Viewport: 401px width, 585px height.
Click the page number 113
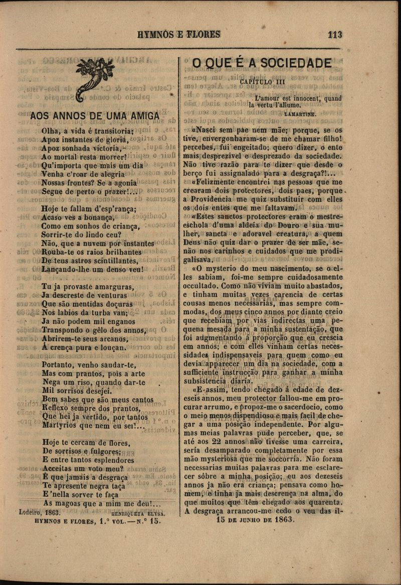pos(334,35)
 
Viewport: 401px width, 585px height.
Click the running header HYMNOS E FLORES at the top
pos(179,35)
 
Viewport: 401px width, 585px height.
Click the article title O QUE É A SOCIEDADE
pos(262,63)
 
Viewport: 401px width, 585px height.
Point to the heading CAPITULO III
pos(263,82)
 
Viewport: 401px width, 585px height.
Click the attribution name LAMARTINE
pos(300,114)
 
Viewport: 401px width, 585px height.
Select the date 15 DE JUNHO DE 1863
pos(255,520)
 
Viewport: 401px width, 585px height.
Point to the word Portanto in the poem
pos(58,365)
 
